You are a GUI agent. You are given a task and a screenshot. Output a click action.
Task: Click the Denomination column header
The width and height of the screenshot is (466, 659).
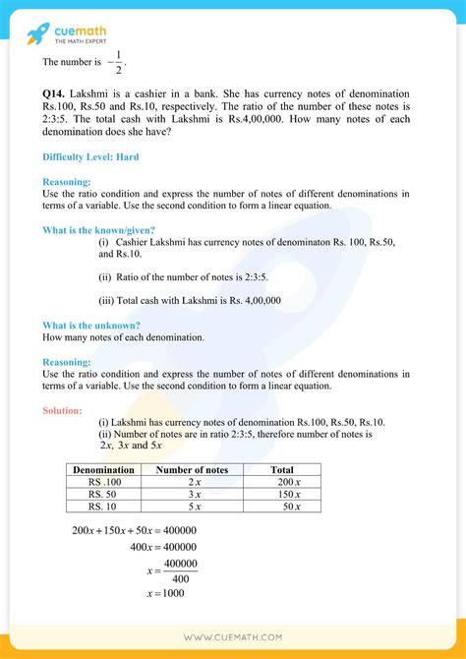tap(104, 470)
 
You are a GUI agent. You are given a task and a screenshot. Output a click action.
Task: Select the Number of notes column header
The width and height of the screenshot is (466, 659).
tap(193, 470)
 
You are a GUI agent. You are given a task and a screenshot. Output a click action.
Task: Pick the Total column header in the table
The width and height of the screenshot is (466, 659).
tap(282, 470)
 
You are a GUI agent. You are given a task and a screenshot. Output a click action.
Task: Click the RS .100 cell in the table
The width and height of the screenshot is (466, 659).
tap(104, 482)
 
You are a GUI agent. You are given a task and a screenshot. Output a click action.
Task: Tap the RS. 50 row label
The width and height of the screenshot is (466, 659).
tap(104, 494)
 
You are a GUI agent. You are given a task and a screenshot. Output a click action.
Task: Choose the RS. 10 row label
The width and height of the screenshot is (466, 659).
tap(104, 507)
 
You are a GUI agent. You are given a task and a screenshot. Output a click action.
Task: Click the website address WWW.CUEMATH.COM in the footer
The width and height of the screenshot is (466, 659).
tap(233, 638)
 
